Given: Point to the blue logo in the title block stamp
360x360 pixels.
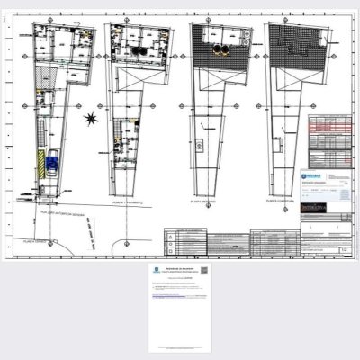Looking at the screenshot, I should (311, 177).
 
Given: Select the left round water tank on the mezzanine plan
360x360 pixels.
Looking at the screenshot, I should (216, 51).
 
